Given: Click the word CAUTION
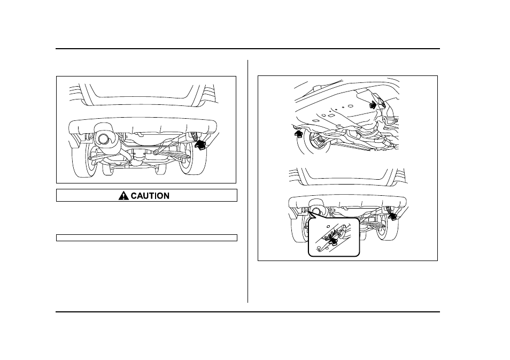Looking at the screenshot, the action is coord(150,196).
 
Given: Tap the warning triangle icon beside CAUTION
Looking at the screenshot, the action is coord(123,196).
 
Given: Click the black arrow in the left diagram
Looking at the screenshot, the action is coord(200,144).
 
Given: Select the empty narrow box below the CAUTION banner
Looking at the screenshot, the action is coord(146,238).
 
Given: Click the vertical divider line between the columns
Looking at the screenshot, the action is coord(248,181).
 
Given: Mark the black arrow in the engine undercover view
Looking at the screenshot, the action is coord(373,104).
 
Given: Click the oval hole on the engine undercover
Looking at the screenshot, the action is coord(351,106).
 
